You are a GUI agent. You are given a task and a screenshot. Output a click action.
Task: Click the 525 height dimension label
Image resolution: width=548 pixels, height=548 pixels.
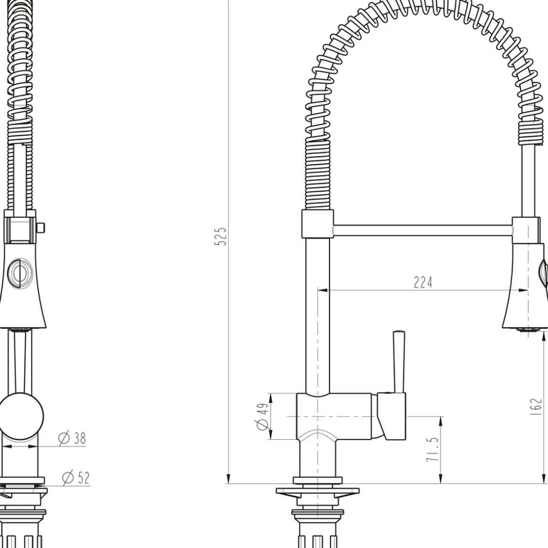220,236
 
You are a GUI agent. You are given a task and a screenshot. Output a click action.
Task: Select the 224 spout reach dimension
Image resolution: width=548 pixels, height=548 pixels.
423,282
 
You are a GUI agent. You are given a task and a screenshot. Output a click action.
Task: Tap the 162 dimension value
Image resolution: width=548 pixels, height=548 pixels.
535,406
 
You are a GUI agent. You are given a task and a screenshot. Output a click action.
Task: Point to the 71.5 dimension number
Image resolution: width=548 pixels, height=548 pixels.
432,449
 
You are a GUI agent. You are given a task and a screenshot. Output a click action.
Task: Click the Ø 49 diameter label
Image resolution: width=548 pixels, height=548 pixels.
263,416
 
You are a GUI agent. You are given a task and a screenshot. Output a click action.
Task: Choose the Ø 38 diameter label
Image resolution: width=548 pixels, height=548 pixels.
72,438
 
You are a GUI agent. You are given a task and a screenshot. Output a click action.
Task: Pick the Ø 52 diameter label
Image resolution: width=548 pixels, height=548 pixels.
76,478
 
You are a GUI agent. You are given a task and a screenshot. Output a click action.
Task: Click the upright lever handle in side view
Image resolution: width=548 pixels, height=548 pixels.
398,362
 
